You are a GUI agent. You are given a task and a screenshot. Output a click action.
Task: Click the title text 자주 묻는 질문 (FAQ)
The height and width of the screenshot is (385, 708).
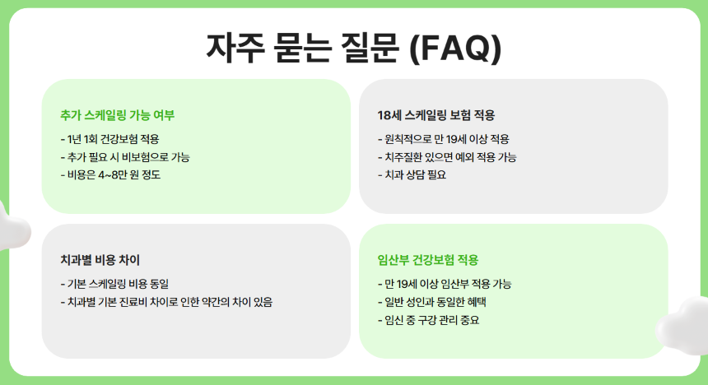pyautogui.click(x=353, y=47)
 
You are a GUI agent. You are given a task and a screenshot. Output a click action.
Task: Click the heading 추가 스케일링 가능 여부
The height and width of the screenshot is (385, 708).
pyautogui.click(x=118, y=115)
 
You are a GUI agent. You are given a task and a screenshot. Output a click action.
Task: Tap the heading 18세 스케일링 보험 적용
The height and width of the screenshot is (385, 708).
pyautogui.click(x=436, y=115)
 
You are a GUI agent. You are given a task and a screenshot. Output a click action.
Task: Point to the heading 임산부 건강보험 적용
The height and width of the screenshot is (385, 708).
pyautogui.click(x=427, y=260)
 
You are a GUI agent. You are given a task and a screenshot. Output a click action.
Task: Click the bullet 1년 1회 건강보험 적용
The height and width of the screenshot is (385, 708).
pyautogui.click(x=110, y=139)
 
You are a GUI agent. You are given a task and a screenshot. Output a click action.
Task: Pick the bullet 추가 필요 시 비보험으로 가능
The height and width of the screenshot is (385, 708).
pyautogui.click(x=125, y=156)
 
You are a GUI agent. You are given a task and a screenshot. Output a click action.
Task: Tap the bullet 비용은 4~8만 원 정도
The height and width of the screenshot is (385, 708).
pyautogui.click(x=111, y=174)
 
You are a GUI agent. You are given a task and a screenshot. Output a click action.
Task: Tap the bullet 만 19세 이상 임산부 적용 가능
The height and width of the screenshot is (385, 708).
pyautogui.click(x=445, y=284)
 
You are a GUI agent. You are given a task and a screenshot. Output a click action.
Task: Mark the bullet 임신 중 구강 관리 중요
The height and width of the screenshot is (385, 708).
pyautogui.click(x=428, y=320)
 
